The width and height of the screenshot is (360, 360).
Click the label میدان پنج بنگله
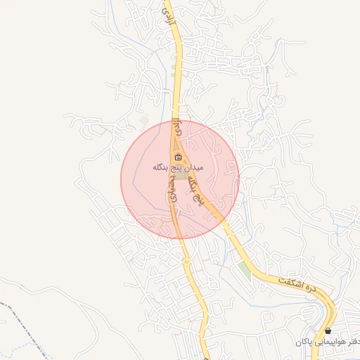pyautogui.click(x=178, y=168)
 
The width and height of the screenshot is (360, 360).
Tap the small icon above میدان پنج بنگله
pyautogui.click(x=178, y=157)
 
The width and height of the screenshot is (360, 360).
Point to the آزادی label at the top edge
pyautogui.click(x=167, y=18)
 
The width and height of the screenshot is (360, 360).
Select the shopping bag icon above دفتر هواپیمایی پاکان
pyautogui.click(x=328, y=330)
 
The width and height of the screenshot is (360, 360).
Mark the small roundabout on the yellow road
pyautogui.click(x=186, y=262)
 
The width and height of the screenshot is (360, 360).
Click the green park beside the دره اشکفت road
pyautogui.click(x=244, y=269)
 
